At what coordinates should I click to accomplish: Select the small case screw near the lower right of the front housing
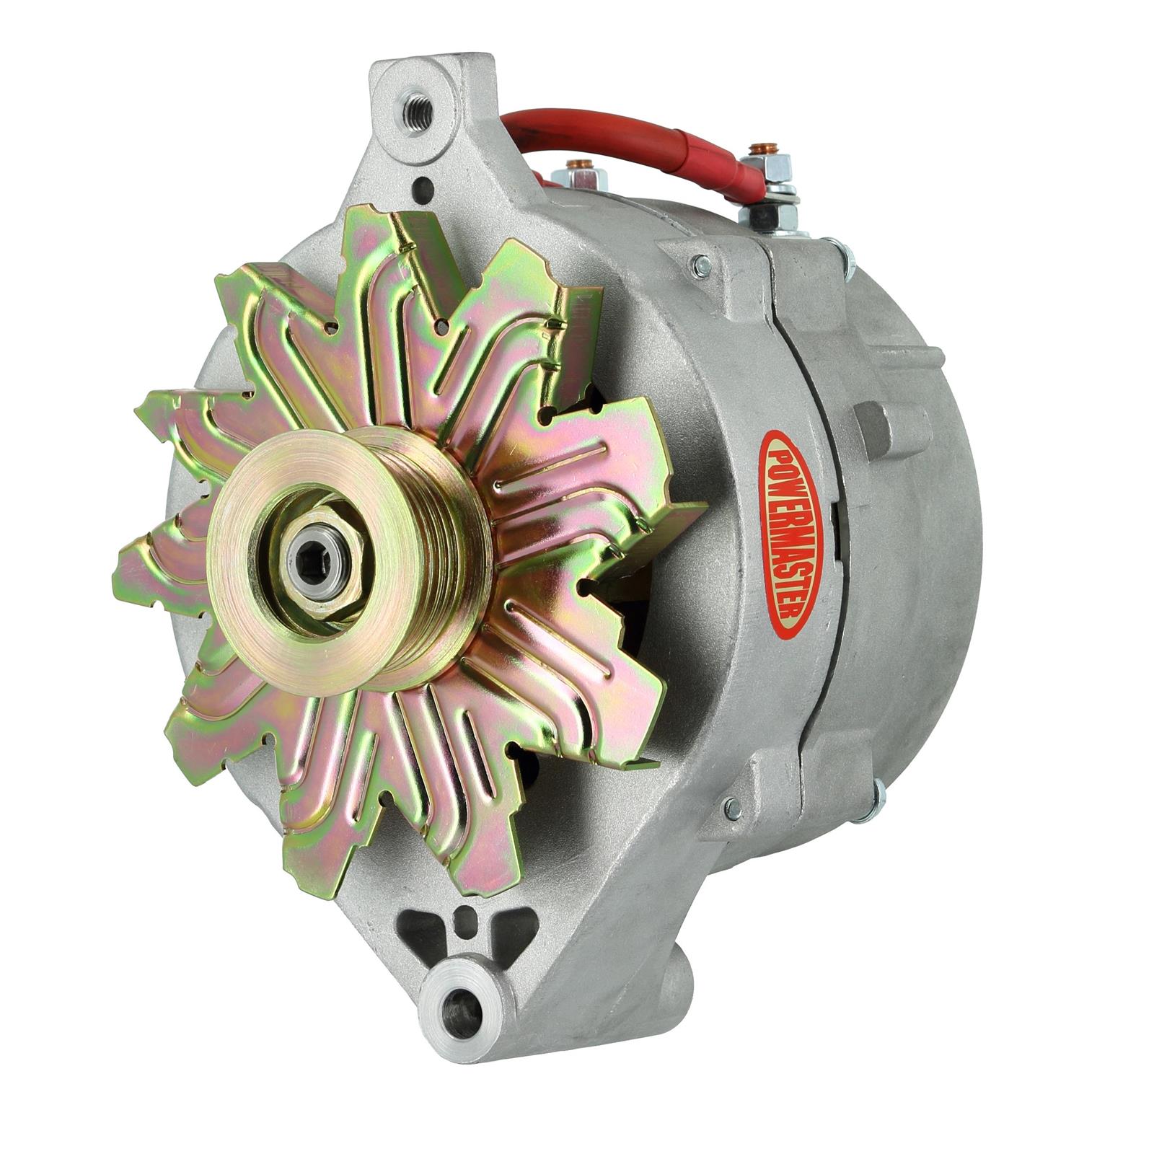pyautogui.click(x=734, y=808)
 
